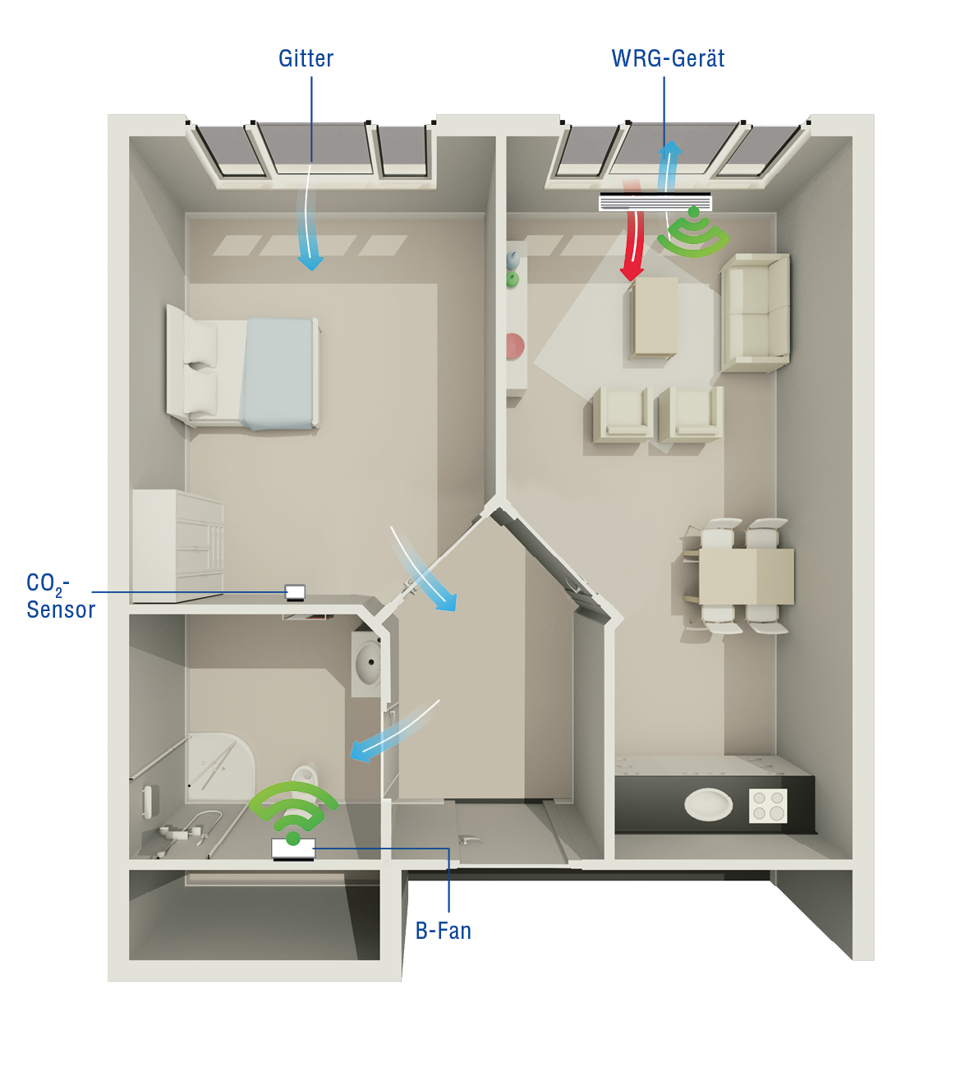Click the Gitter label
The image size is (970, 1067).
pos(306,58)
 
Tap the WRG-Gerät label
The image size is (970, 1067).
pos(668,58)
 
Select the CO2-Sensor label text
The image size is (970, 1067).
pos(61,596)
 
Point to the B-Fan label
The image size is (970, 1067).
pos(444,931)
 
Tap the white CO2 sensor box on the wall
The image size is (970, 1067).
pos(296,592)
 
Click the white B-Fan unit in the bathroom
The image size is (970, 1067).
pos(293,849)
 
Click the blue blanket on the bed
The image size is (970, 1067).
pos(277,374)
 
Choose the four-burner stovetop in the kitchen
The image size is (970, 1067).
pos(768,805)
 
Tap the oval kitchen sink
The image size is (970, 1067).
pos(708,804)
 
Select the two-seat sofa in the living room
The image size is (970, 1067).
pos(755,312)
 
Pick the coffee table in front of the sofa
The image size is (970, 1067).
pos(654,318)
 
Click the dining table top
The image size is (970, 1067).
pos(746,576)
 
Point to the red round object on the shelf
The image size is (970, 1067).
pos(514,346)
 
